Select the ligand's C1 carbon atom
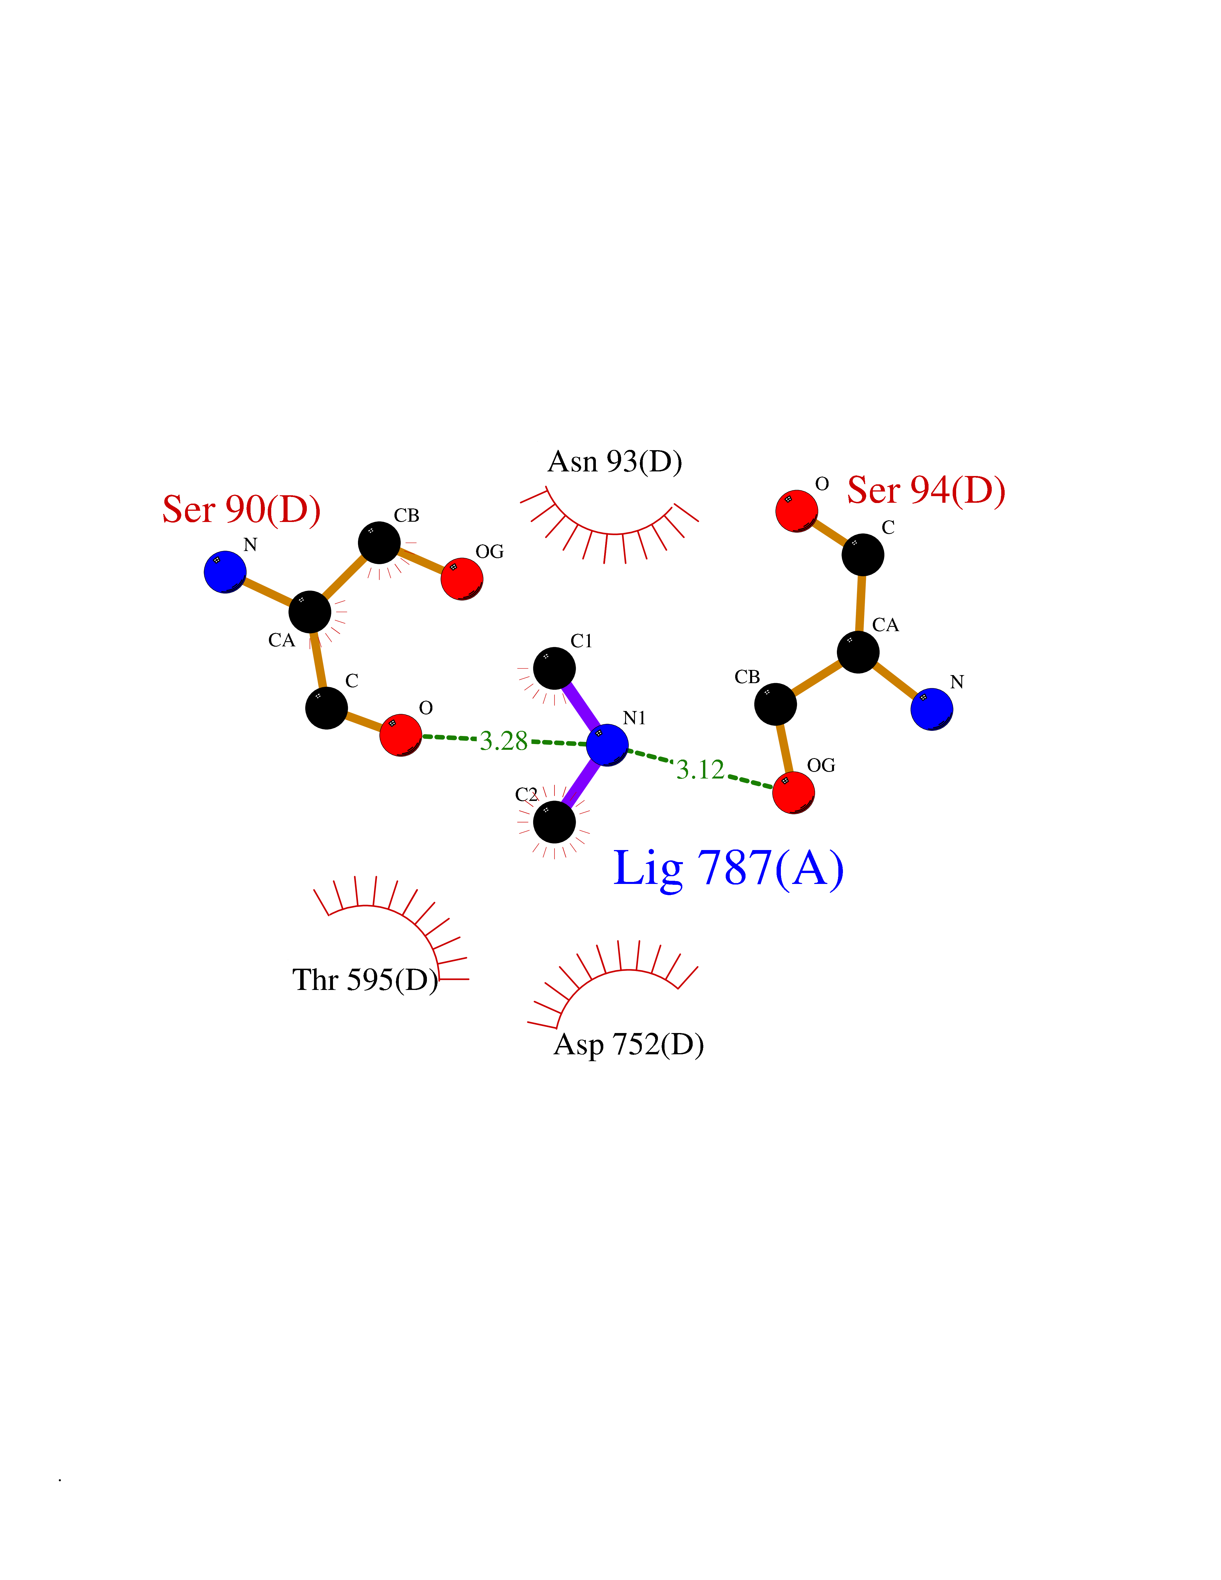554,668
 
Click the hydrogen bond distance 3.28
503,741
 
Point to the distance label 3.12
700,770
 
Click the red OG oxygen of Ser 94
794,792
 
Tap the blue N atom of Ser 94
932,709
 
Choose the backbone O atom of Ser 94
796,511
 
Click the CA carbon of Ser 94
858,652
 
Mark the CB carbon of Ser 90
379,543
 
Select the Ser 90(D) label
242,509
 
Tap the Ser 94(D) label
927,490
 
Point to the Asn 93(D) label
615,462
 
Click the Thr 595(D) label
365,980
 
